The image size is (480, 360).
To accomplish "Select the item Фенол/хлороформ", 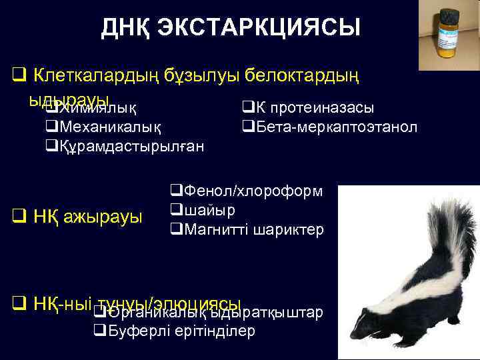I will coord(251,191).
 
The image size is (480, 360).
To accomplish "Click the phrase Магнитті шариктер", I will coord(251,229).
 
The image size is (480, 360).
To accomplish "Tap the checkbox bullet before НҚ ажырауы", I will coord(19,217).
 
